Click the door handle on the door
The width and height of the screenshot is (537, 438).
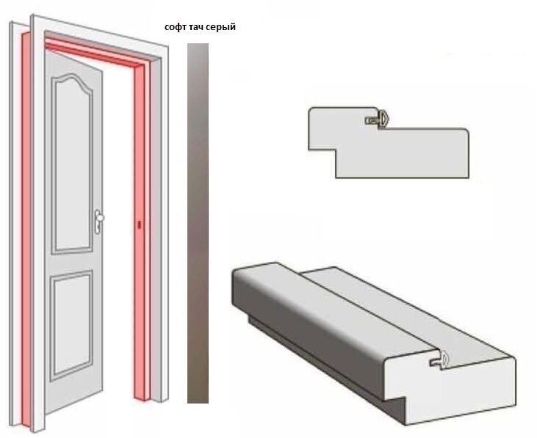(98, 222)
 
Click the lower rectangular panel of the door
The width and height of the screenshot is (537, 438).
(71, 326)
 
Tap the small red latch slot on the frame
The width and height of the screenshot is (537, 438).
(139, 225)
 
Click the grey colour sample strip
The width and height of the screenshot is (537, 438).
(198, 223)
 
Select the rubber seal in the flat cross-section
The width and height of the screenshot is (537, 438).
(378, 119)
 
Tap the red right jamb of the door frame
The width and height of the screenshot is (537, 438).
(142, 233)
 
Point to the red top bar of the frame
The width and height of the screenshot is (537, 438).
(96, 51)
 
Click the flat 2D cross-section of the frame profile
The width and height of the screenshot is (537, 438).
(388, 142)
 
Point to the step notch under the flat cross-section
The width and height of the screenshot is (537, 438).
(322, 164)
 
